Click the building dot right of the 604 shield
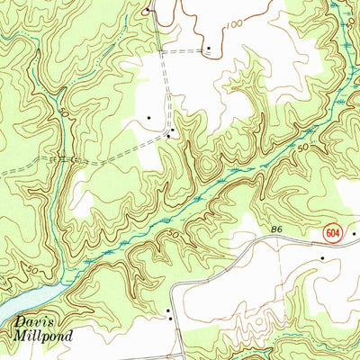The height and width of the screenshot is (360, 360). [x=354, y=234]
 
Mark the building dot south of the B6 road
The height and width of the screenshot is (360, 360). [x=322, y=258]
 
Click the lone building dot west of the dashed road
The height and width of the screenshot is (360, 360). [x=148, y=117]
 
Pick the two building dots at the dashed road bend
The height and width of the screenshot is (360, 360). [x=169, y=135]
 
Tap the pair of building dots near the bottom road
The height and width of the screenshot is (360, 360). [x=168, y=313]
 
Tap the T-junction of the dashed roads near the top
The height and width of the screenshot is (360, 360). [x=164, y=51]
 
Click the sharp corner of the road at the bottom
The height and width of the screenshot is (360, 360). [x=175, y=286]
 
